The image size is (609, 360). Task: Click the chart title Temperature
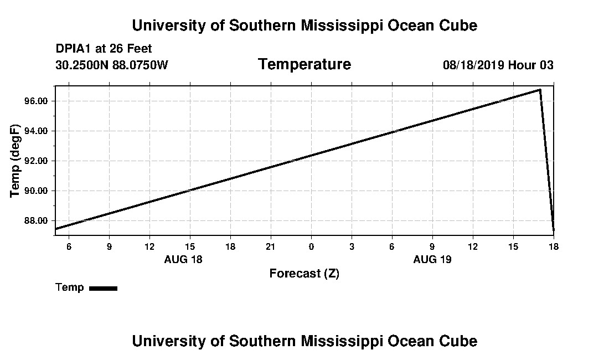304,65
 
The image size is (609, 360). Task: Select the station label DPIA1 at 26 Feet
104,49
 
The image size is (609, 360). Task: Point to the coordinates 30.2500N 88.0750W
112,65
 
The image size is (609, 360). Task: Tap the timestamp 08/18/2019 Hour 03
498,65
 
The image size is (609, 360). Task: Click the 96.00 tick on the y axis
37,101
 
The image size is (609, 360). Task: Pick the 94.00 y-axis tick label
37,131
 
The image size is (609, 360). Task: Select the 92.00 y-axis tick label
37,161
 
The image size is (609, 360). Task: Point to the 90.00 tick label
37,191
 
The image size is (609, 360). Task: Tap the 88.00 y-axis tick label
37,221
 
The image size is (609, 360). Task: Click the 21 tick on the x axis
271,246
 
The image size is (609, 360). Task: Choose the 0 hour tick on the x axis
311,246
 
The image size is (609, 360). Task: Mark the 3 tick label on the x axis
352,246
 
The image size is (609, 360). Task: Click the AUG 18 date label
183,259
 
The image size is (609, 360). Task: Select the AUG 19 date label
432,259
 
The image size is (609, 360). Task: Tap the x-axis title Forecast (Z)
304,274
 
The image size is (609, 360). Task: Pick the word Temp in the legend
70,287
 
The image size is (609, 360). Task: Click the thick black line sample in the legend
103,288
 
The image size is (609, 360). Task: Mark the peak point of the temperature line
540,89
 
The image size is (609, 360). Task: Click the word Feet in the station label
140,49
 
